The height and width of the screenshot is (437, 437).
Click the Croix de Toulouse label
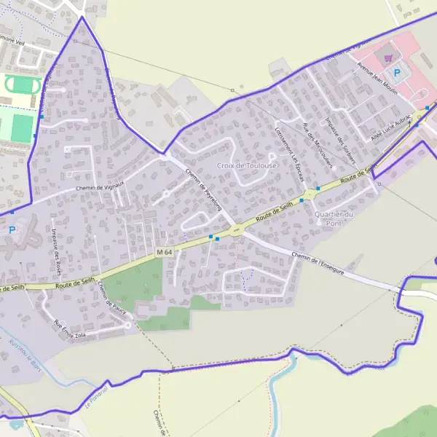[x=247, y=166]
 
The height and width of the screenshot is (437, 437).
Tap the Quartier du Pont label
[x=334, y=218]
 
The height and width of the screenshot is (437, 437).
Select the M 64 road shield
[x=164, y=252]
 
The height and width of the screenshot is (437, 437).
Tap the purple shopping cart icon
[x=389, y=58]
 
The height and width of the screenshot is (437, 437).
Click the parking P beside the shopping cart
[x=397, y=72]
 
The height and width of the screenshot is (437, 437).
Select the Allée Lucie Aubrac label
[x=392, y=127]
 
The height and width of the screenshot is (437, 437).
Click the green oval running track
[x=23, y=85]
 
